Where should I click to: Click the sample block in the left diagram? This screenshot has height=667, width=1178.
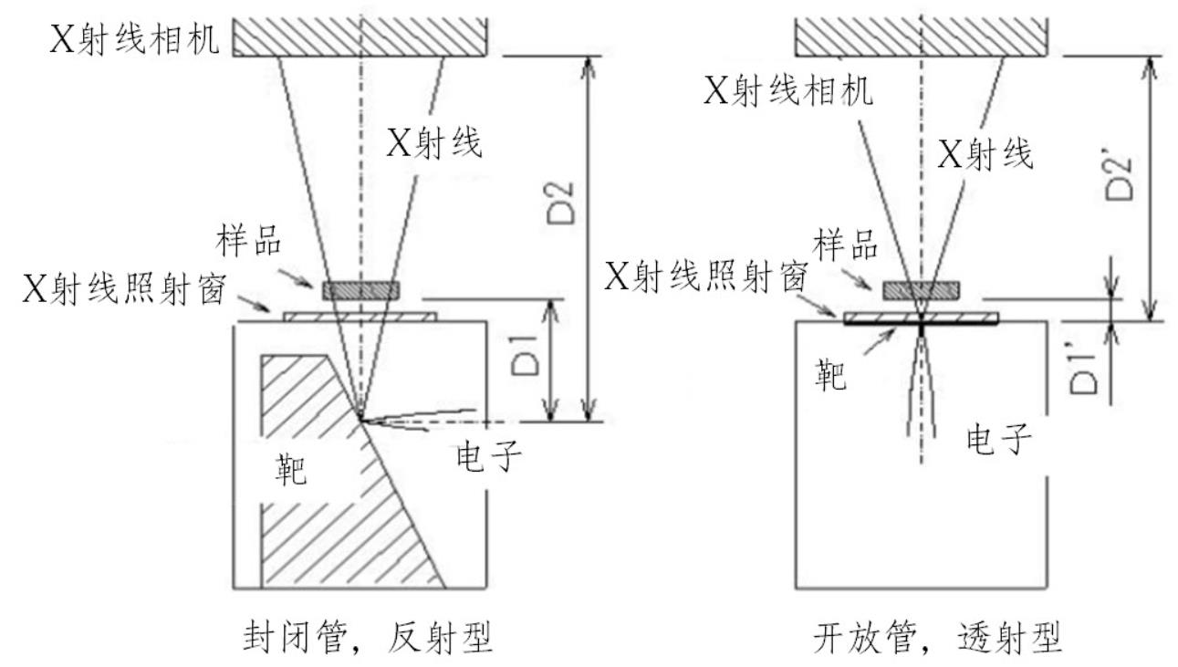click(x=361, y=290)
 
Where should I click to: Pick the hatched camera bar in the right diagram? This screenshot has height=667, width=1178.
click(x=922, y=36)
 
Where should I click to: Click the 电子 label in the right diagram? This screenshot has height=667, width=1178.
click(x=1000, y=441)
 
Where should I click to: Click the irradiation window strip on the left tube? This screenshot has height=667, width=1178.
click(x=361, y=317)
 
